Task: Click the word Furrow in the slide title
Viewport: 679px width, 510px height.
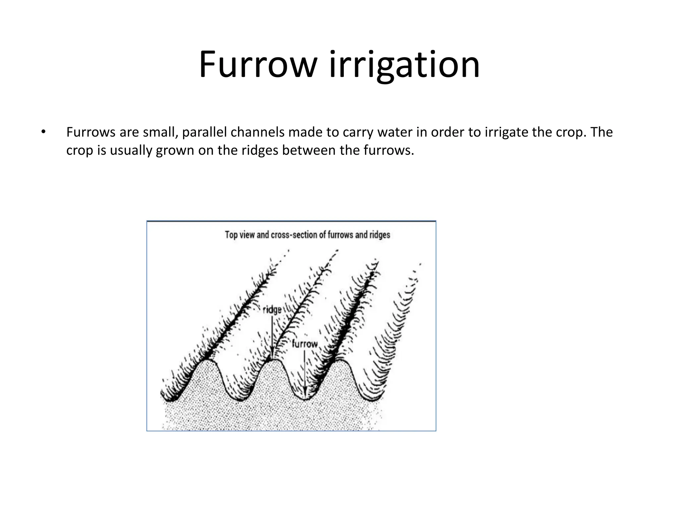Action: (x=257, y=64)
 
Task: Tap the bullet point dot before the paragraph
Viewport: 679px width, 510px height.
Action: (x=42, y=132)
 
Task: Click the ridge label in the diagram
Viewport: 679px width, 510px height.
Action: (x=272, y=310)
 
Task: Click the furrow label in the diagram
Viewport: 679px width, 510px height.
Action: (x=305, y=344)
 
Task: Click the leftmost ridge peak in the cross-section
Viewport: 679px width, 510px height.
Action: (x=207, y=361)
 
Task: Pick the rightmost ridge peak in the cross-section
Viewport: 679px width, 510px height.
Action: (x=341, y=361)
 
